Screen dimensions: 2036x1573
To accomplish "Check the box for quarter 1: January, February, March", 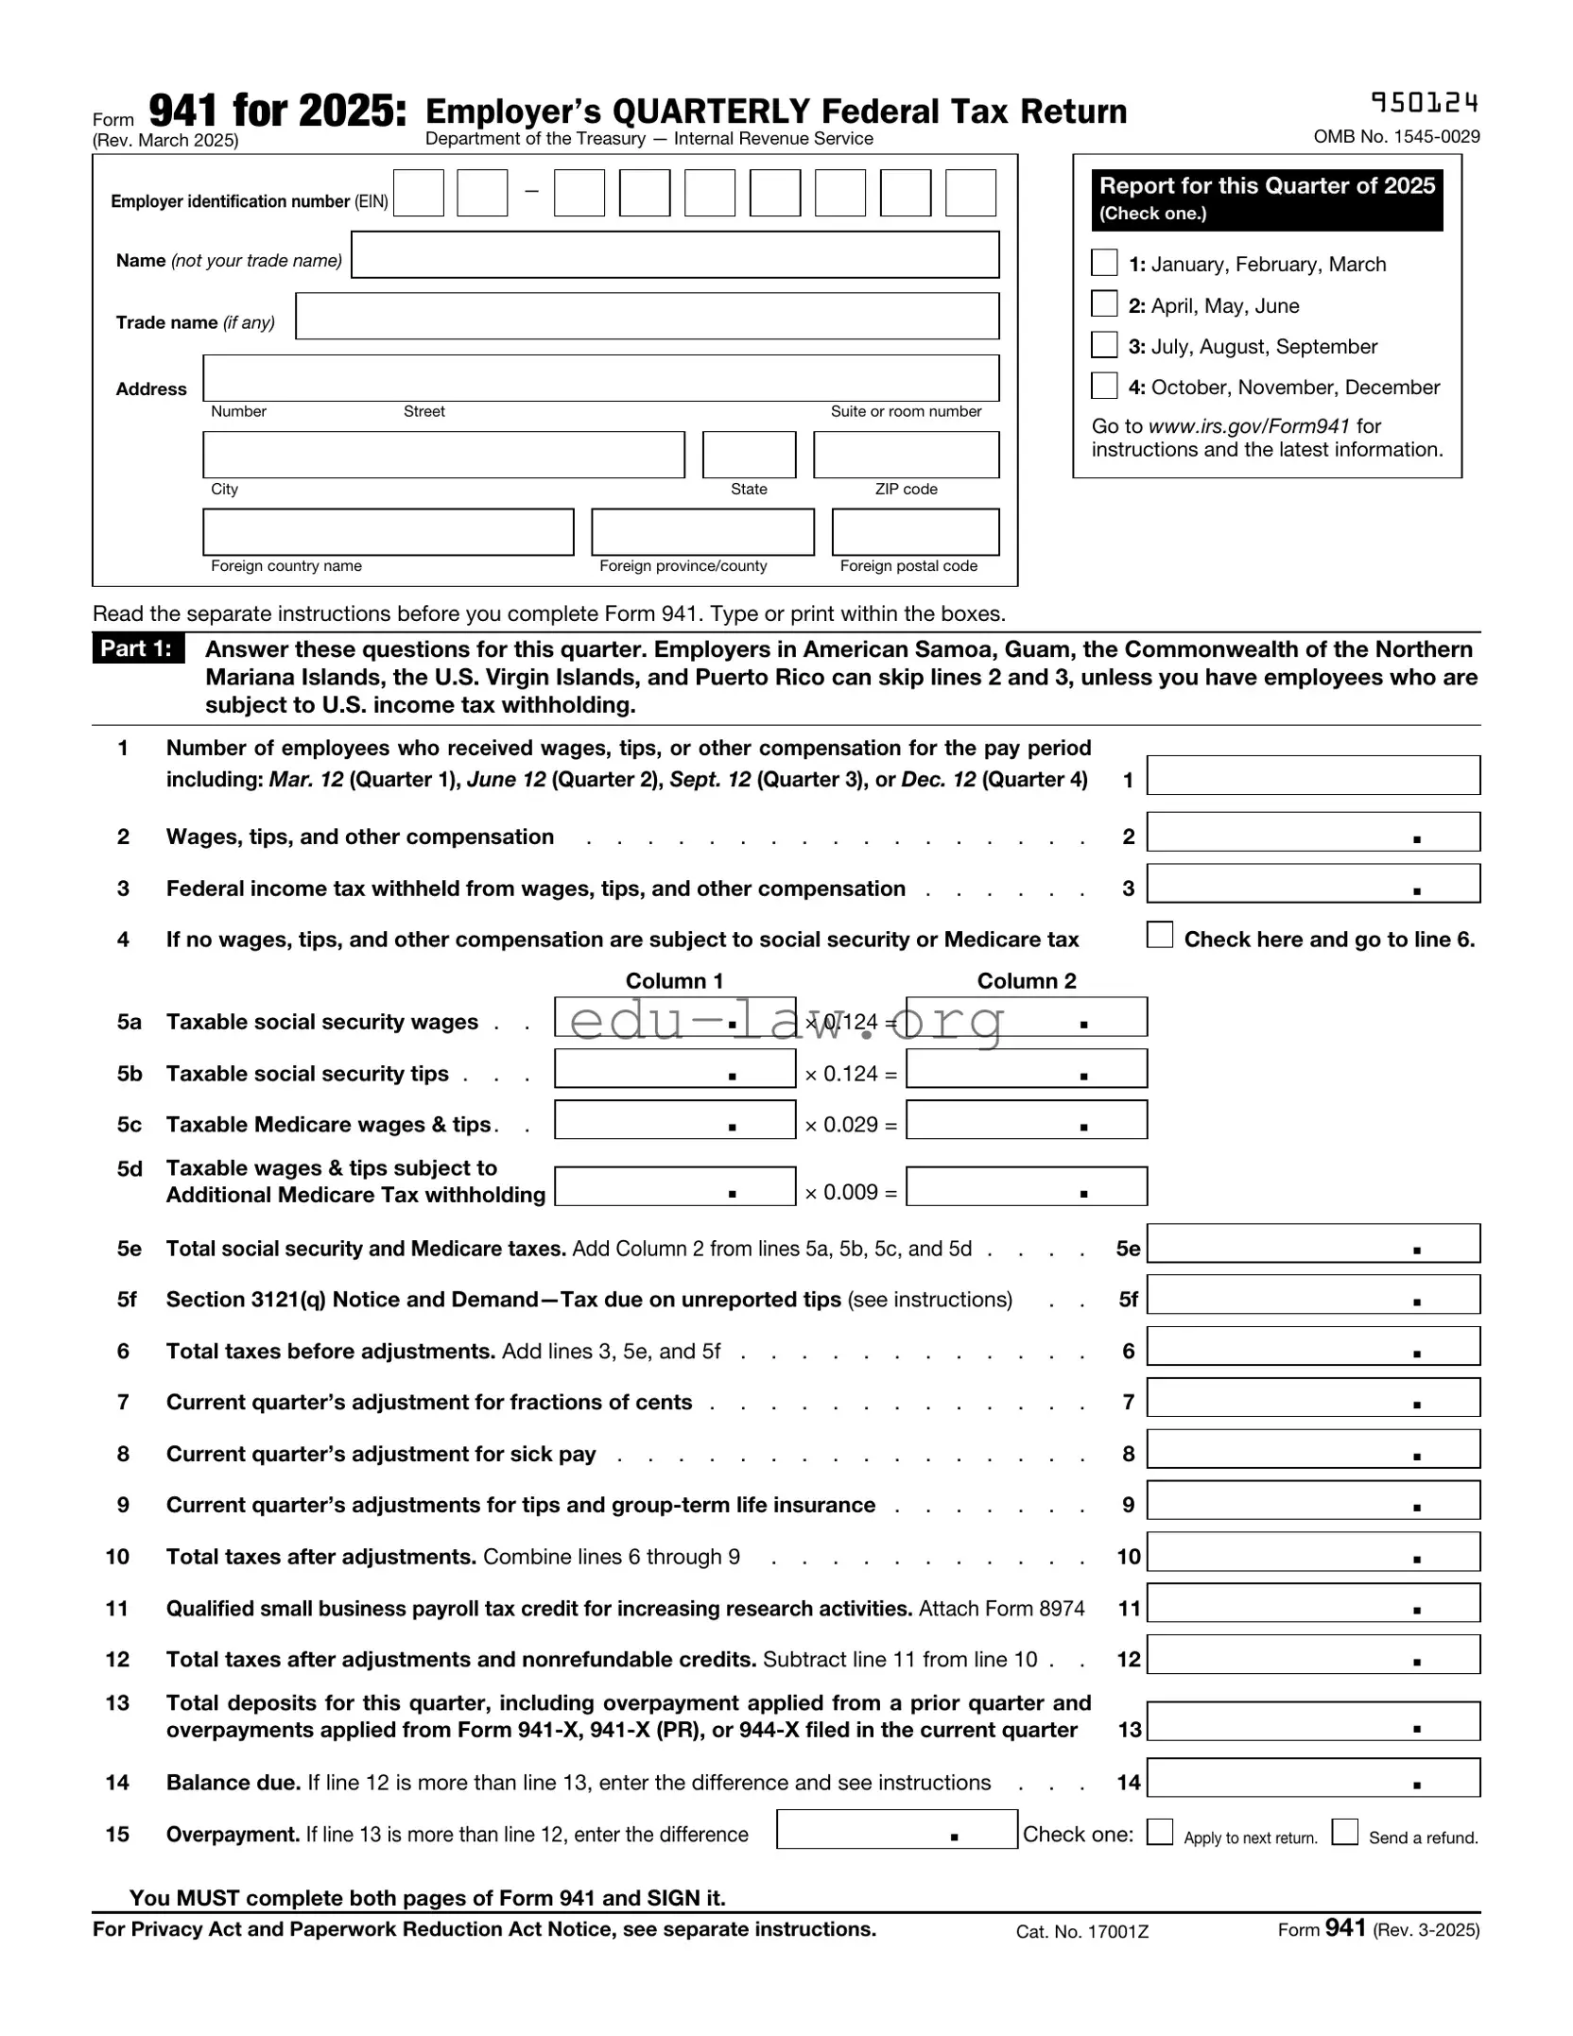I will pos(1103,263).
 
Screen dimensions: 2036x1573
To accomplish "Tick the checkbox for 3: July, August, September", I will pos(1103,345).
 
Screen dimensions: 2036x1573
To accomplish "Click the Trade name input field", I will pos(647,316).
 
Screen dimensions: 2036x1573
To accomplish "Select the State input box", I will pos(749,455).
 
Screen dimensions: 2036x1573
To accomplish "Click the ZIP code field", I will pos(905,455).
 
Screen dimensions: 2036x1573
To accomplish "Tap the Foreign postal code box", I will pos(914,532).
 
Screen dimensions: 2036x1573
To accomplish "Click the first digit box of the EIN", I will pos(418,193).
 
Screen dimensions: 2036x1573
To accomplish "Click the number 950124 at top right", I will pos(1424,102).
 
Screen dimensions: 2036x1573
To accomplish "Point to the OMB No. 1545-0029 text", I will pos(1395,137).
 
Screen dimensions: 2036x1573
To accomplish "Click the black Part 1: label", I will pos(138,648).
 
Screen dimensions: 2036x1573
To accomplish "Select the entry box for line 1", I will pos(1312,776).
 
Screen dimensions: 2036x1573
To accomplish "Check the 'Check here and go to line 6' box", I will pos(1159,935).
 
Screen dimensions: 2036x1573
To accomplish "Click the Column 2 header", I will pos(1026,981).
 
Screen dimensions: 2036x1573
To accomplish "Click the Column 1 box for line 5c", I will pos(674,1120).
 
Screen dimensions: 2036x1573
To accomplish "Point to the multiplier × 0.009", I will pos(850,1192).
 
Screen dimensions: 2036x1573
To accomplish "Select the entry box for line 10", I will pos(1312,1553).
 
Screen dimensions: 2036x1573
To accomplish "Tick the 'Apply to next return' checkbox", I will pos(1159,1832).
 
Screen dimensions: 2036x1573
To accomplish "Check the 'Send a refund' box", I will pos(1344,1832).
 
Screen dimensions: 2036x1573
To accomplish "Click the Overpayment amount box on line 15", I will pos(895,1829).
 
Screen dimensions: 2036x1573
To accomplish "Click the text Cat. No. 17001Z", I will pos(1081,1932).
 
